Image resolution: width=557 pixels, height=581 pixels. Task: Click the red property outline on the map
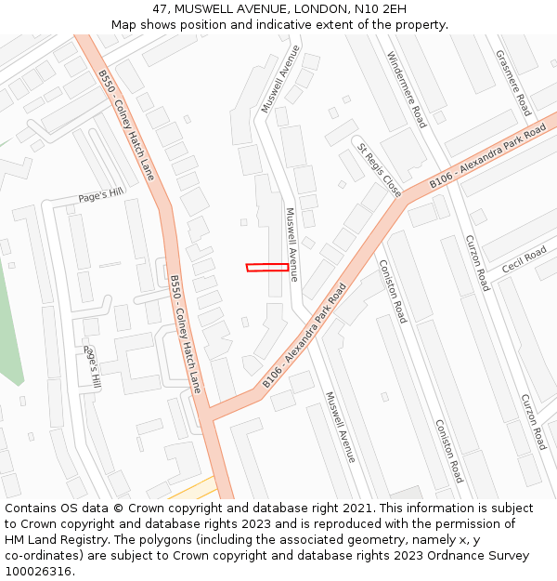[x=267, y=268]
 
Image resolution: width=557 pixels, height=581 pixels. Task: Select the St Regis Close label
[x=380, y=169]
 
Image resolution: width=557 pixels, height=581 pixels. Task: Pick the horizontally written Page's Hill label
[x=100, y=195]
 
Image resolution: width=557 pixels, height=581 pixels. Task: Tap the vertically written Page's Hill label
[x=92, y=367]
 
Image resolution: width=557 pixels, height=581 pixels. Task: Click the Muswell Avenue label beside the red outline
[x=291, y=244]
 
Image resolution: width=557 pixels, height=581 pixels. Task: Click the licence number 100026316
[x=39, y=572]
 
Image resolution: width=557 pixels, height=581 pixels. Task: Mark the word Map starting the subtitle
[x=124, y=24]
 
